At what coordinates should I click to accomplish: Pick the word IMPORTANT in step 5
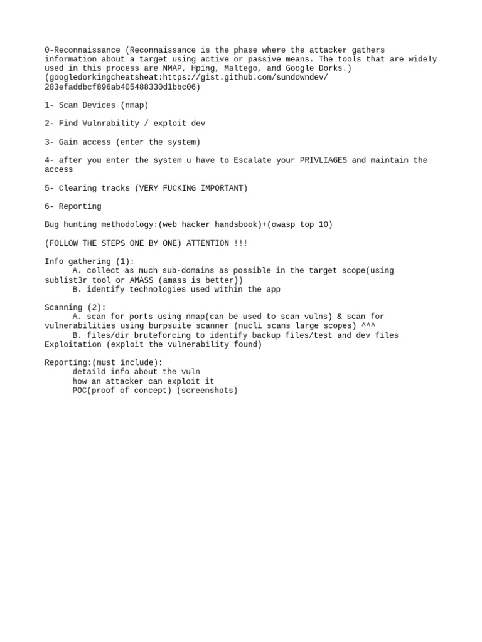pos(222,188)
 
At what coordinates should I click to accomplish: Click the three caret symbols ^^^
pos(368,326)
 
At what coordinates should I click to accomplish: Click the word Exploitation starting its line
pos(73,345)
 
